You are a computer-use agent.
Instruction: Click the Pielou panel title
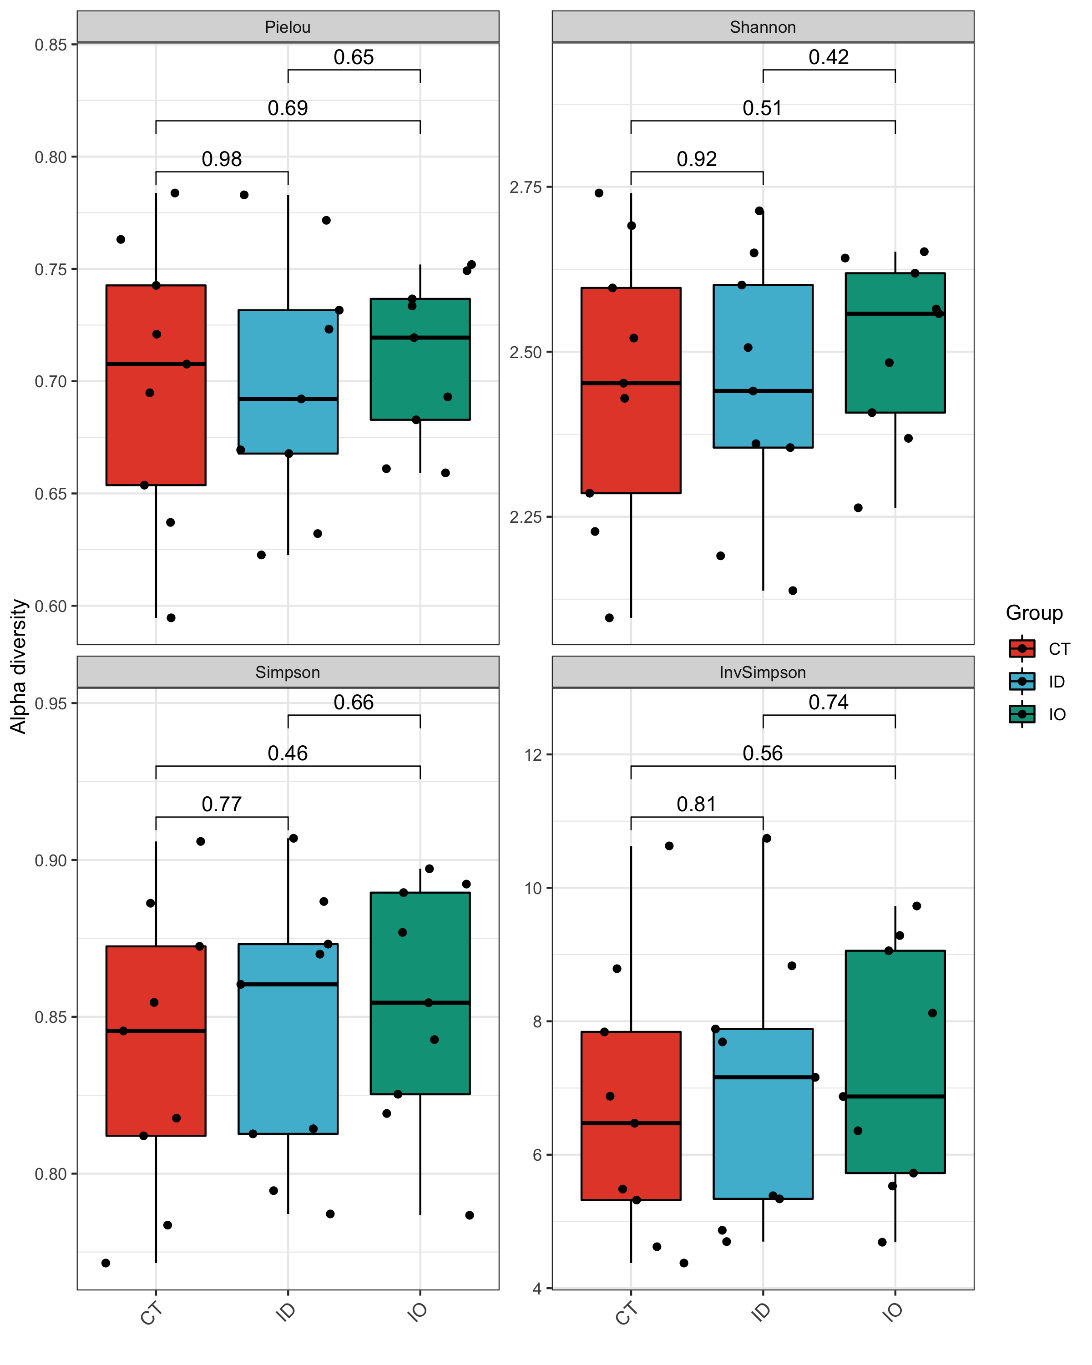[288, 27]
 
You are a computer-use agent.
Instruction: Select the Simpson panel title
[288, 672]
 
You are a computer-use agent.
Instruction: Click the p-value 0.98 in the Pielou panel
[222, 159]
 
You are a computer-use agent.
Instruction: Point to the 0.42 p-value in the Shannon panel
[828, 58]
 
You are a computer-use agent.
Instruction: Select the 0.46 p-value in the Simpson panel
[288, 753]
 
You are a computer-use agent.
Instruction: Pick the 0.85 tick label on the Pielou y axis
[51, 45]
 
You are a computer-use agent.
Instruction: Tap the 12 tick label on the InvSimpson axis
[534, 755]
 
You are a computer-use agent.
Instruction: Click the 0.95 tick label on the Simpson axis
[51, 703]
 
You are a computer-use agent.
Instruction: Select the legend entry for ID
[1057, 682]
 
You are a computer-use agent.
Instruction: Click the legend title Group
[1034, 613]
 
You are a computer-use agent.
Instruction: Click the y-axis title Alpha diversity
[19, 666]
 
